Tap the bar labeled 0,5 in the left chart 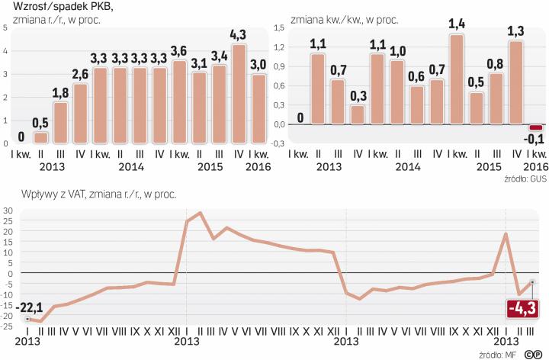tap(41, 138)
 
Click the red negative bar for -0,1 tap(536, 127)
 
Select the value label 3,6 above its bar tap(179, 51)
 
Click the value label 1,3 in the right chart tap(516, 31)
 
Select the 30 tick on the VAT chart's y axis tap(7, 210)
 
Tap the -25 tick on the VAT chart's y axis tap(7, 326)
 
